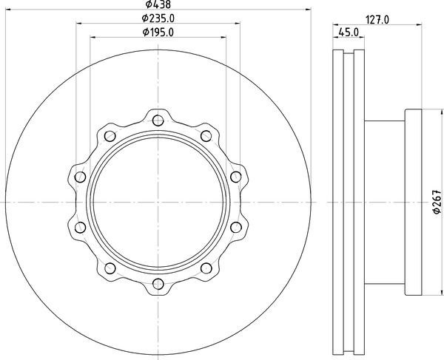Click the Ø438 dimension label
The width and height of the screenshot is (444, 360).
pos(158,4)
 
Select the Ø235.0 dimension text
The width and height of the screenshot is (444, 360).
pos(158,18)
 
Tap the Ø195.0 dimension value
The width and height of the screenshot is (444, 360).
pos(158,33)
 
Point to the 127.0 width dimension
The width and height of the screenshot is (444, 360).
pos(377,20)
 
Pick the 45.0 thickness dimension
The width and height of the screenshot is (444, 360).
pos(349,33)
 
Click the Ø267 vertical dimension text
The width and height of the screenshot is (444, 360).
pos(437,202)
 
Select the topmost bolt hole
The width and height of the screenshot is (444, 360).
pos(158,120)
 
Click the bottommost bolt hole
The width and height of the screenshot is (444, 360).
pos(158,284)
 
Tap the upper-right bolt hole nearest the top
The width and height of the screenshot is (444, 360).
pos(206,136)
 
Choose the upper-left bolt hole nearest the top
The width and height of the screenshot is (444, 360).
pos(110,136)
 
